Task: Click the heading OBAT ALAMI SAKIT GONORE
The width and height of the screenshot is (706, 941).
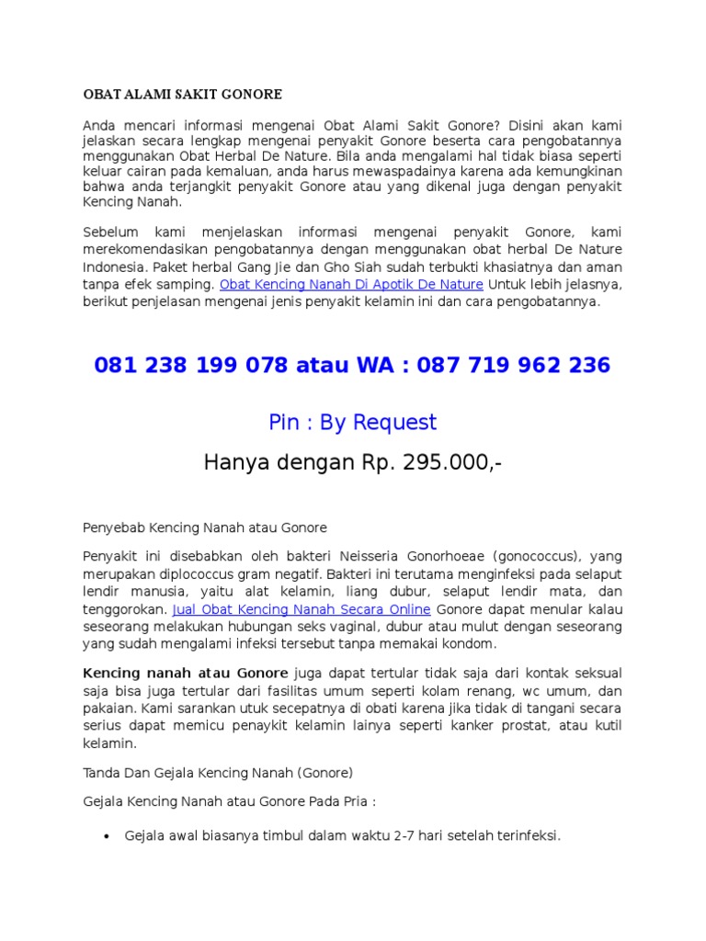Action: click(x=182, y=95)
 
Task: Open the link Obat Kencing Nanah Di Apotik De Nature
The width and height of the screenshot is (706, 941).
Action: click(x=352, y=285)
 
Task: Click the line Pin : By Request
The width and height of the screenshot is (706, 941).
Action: click(x=352, y=423)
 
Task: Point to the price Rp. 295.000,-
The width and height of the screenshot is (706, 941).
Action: click(x=428, y=463)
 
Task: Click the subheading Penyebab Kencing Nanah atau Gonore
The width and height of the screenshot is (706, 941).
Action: click(x=205, y=528)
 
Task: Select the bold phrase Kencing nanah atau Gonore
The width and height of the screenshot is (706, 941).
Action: click(x=186, y=674)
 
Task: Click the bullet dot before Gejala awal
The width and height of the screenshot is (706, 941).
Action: click(x=107, y=837)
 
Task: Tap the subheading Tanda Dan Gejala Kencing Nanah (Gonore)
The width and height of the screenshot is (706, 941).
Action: click(x=218, y=773)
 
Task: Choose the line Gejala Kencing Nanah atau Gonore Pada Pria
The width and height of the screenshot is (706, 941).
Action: click(x=230, y=802)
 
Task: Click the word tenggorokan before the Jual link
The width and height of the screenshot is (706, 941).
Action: click(x=125, y=609)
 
